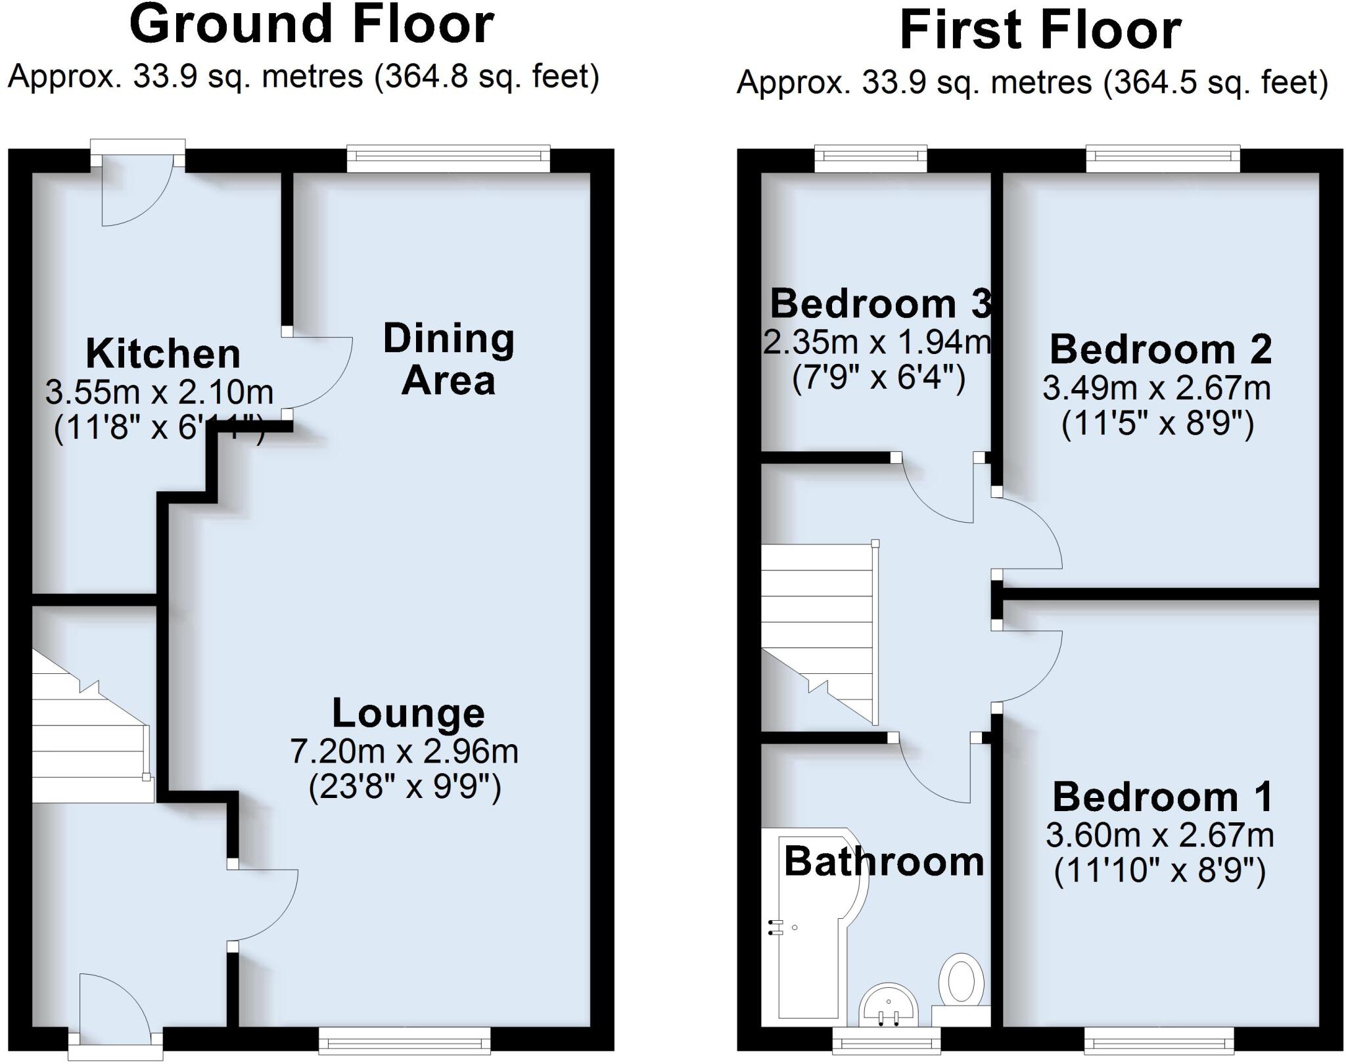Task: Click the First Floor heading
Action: [1040, 30]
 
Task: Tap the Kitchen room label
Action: [163, 354]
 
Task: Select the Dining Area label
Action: [449, 359]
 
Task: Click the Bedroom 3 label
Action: [879, 303]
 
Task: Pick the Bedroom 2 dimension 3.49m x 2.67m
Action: [1157, 389]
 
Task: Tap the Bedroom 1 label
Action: [1163, 797]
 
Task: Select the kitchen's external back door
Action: [137, 190]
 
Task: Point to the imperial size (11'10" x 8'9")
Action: [1159, 873]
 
